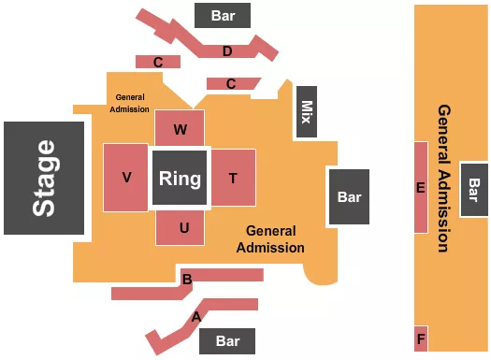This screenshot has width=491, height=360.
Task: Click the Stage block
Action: point(45,178)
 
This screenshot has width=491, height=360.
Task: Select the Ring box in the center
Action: point(181,178)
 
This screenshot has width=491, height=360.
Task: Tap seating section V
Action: point(125,178)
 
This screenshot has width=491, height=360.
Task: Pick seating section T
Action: point(233,178)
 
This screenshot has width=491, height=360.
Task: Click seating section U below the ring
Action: point(185,227)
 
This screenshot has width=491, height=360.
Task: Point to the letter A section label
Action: point(196,317)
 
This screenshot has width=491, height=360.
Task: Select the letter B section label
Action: point(187,279)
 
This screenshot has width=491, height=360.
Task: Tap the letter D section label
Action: point(227,50)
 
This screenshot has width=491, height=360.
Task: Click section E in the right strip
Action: point(421,188)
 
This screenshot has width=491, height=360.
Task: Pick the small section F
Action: point(421,338)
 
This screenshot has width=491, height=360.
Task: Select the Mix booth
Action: point(306,113)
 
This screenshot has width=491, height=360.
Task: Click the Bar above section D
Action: point(224,15)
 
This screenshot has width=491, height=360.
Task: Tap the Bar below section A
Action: point(227,340)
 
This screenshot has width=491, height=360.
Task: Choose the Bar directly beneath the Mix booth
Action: point(349,197)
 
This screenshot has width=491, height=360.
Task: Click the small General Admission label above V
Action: point(132,102)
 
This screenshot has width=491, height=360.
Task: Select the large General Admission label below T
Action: point(270,239)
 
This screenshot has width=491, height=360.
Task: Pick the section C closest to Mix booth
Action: point(230,83)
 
